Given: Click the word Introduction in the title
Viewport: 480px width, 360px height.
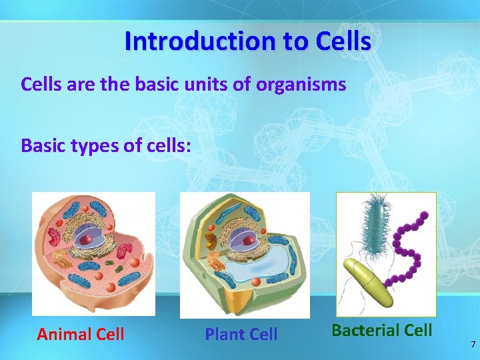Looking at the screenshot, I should [x=190, y=41].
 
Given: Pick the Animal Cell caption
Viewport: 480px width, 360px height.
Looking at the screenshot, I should [x=81, y=334].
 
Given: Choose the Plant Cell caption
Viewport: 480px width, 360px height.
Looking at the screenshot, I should [x=241, y=334].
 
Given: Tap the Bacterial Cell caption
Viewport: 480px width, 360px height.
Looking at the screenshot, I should [x=382, y=330].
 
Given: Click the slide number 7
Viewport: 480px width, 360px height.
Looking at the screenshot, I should [x=473, y=345].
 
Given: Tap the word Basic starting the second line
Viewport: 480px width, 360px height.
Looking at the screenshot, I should [x=41, y=145].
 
